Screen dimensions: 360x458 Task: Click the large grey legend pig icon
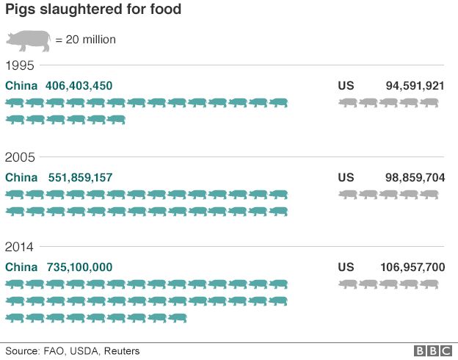[x=29, y=40]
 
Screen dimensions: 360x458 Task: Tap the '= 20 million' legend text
[x=86, y=40]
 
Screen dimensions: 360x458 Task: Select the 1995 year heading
[x=20, y=65]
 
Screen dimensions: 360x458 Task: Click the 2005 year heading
[x=20, y=156]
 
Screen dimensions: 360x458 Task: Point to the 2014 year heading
[x=20, y=247]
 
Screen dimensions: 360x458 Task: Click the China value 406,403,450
[x=79, y=86]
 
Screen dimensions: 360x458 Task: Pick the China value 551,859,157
[x=80, y=177]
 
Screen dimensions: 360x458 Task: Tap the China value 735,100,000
[x=79, y=267]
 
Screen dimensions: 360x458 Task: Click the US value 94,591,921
[x=415, y=86]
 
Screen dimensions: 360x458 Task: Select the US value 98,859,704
[x=415, y=177]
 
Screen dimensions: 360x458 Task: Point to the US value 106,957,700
[x=412, y=267]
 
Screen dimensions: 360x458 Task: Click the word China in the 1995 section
[x=21, y=86]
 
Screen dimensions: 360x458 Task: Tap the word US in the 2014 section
[x=346, y=267]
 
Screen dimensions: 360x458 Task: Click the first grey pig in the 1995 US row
[x=347, y=103]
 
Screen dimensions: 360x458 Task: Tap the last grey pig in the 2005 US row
[x=429, y=194]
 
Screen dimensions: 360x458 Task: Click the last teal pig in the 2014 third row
[x=177, y=317]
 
